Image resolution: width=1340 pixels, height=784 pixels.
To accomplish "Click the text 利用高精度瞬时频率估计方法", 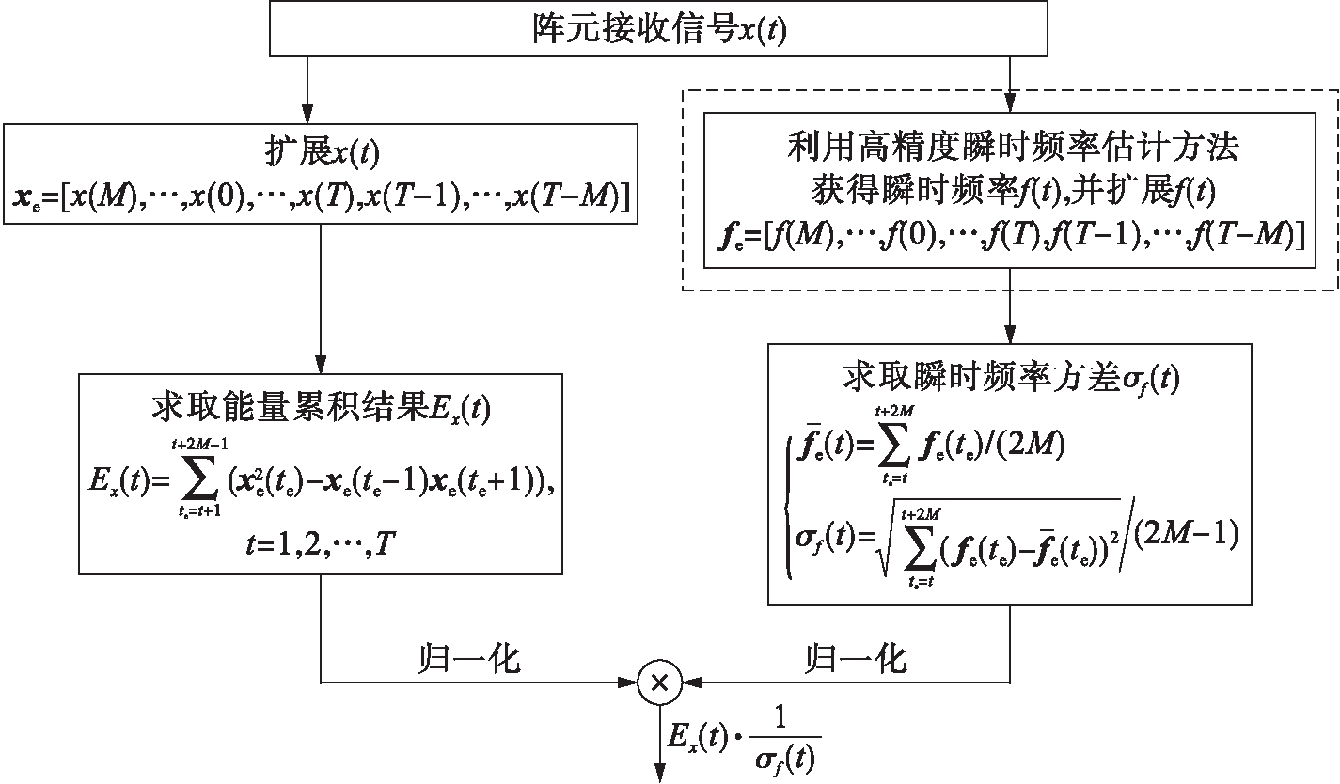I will point(1010,147).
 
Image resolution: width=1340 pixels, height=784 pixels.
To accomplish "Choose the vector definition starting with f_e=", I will point(1010,237).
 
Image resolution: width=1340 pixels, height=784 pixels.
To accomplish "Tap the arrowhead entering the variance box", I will point(1011,335).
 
